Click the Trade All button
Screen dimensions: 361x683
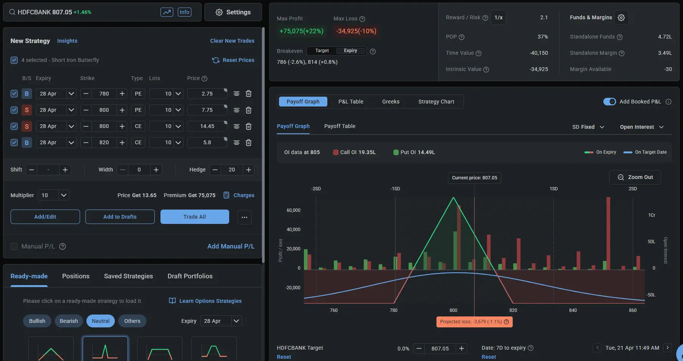click(x=194, y=217)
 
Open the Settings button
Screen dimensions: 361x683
click(x=233, y=12)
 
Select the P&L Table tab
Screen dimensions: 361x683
click(x=350, y=102)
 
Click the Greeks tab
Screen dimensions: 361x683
click(x=390, y=102)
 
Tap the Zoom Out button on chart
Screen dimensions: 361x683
click(x=635, y=177)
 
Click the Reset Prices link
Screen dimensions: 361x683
click(x=233, y=60)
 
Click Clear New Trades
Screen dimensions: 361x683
click(x=232, y=41)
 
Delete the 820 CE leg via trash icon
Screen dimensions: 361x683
click(x=248, y=143)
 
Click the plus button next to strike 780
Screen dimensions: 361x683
click(x=122, y=94)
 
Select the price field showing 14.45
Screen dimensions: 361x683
click(x=207, y=126)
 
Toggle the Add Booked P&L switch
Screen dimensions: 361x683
click(x=609, y=102)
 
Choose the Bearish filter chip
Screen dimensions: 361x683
click(x=69, y=321)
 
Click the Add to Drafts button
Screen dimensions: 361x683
click(x=120, y=217)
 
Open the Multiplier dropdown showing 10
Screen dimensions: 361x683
click(x=53, y=195)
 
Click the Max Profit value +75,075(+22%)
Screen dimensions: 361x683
click(x=301, y=31)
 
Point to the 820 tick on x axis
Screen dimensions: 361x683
click(x=513, y=310)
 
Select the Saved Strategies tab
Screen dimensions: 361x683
click(x=128, y=276)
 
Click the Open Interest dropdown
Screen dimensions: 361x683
click(x=641, y=127)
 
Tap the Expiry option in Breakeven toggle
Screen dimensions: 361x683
click(x=350, y=51)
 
